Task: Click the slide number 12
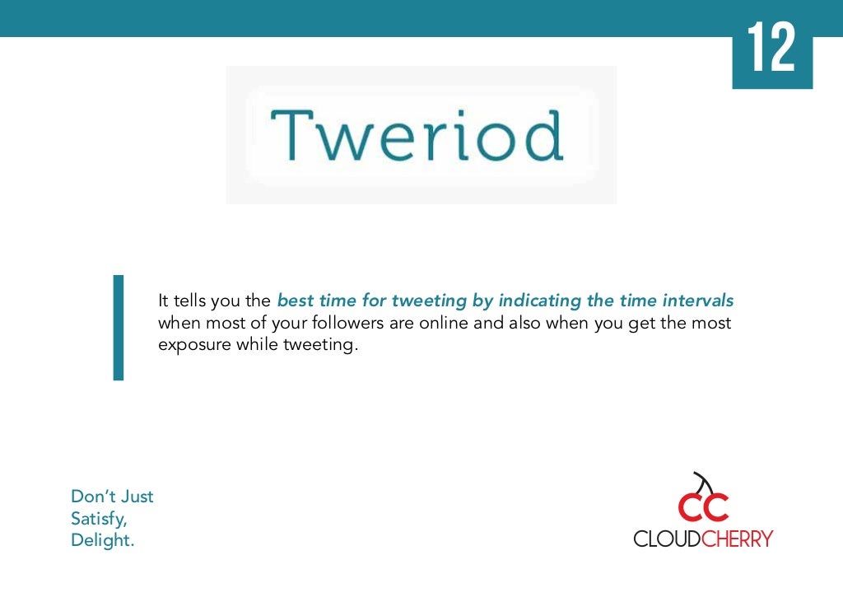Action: coord(771,47)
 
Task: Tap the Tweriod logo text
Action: coord(417,135)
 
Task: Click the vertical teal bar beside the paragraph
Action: coord(119,328)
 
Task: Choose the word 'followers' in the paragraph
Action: coord(348,323)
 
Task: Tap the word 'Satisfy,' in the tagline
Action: coord(99,519)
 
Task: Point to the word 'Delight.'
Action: coord(103,540)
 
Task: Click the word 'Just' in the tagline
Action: coord(136,496)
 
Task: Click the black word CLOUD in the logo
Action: coord(667,539)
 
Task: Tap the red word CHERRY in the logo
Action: coord(738,539)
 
